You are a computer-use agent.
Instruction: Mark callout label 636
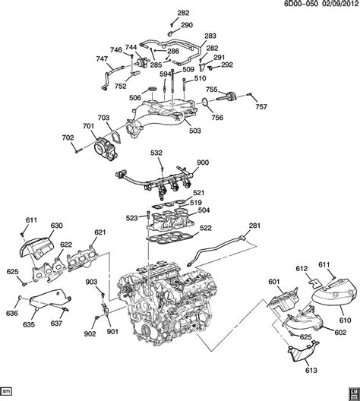(x=12, y=311)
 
